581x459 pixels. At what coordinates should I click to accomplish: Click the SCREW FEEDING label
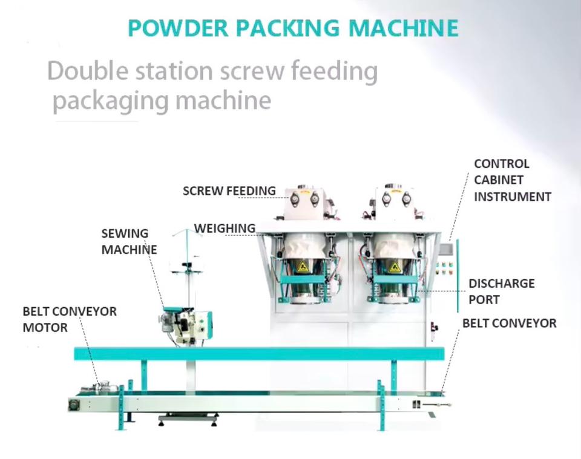click(x=229, y=191)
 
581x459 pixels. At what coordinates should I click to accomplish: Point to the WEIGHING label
click(x=225, y=229)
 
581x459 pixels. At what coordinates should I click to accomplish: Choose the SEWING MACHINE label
click(x=128, y=241)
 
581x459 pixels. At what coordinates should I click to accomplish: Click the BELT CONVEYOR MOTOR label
click(x=70, y=319)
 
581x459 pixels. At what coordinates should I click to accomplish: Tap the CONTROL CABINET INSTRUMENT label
click(x=512, y=180)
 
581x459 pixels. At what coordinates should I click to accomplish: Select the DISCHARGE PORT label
click(x=501, y=291)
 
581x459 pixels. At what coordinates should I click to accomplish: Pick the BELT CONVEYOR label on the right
click(x=509, y=323)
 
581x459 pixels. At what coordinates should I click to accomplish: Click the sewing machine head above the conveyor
click(x=187, y=324)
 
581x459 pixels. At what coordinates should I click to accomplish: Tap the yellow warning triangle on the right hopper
click(x=395, y=267)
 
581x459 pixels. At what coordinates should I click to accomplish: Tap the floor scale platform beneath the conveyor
click(x=188, y=418)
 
